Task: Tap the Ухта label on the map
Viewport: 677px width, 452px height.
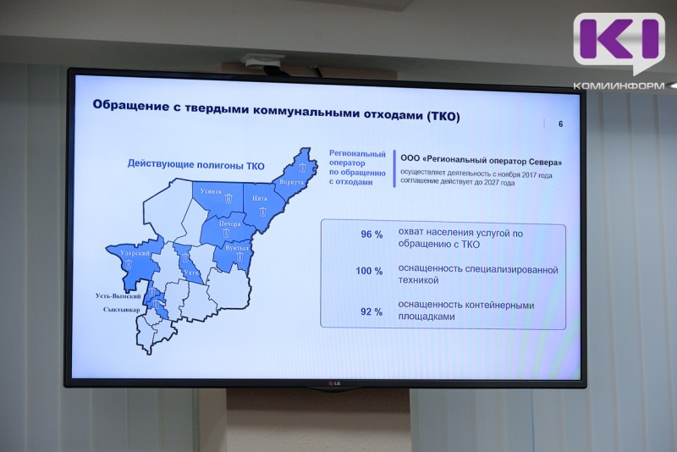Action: tap(191, 273)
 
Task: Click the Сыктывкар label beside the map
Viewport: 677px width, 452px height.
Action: tap(118, 310)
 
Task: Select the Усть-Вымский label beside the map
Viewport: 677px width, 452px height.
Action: tap(118, 296)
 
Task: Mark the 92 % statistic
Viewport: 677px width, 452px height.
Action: tap(348, 311)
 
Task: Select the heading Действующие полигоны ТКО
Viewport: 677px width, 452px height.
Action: tap(196, 164)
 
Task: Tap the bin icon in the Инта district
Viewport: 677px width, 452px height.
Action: tap(262, 209)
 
